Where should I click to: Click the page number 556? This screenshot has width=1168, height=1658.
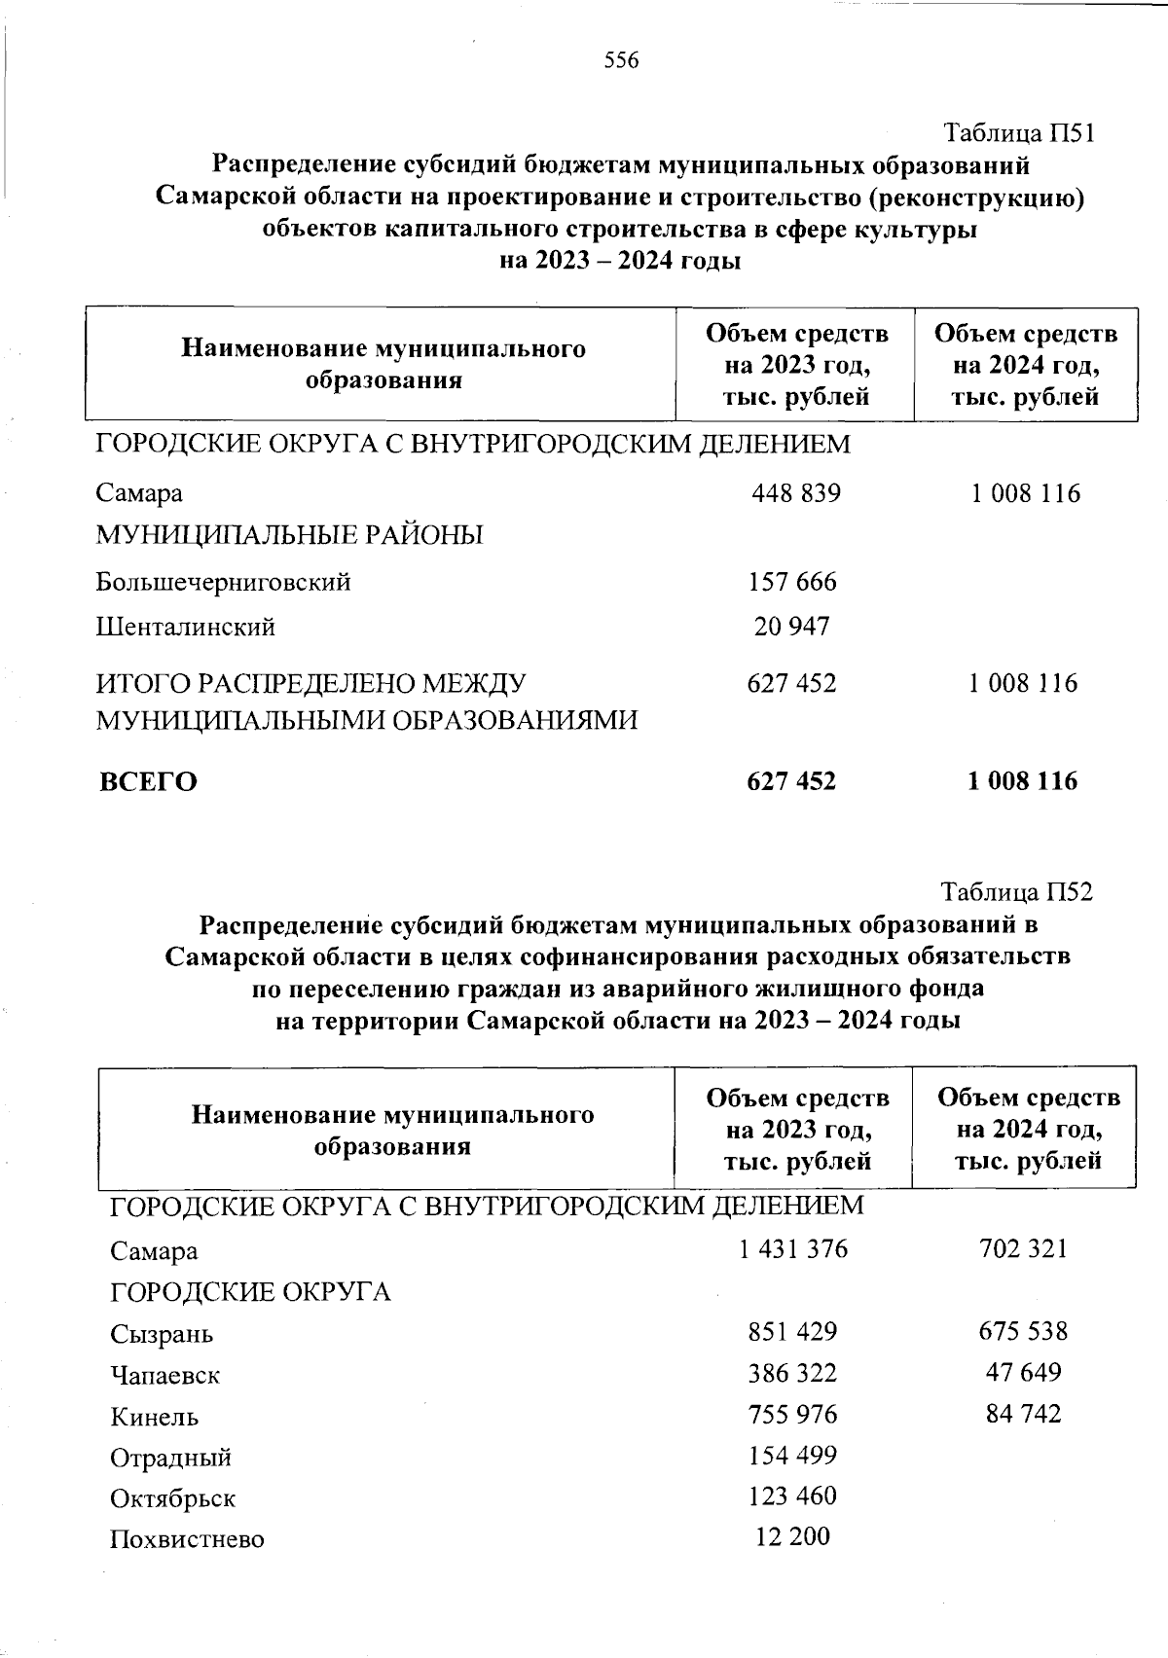(x=621, y=61)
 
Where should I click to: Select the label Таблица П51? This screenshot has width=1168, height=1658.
(x=1020, y=132)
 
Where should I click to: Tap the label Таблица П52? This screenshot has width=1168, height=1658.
(x=1017, y=891)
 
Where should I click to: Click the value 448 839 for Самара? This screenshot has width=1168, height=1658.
(x=795, y=493)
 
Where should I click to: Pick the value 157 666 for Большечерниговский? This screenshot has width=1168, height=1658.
(x=792, y=582)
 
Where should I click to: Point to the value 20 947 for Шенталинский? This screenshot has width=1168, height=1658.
(x=792, y=627)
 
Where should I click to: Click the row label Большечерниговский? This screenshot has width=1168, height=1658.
(x=223, y=583)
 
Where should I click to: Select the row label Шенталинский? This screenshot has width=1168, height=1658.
(x=185, y=628)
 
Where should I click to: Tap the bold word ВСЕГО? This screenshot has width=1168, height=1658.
(x=148, y=782)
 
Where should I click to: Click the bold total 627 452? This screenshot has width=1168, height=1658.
(x=791, y=781)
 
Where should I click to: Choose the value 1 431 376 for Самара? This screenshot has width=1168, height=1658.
(x=793, y=1248)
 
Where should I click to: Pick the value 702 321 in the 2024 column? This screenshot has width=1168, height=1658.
(x=1023, y=1248)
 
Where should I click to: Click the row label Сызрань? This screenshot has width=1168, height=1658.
(x=162, y=1334)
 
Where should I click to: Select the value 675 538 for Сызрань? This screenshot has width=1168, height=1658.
(x=1023, y=1331)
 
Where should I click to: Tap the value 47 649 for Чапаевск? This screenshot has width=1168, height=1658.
(x=1023, y=1373)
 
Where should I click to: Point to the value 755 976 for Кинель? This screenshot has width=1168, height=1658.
(x=792, y=1414)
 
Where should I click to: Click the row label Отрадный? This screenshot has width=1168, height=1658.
(x=170, y=1459)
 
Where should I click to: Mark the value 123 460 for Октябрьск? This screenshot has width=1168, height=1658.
(x=792, y=1496)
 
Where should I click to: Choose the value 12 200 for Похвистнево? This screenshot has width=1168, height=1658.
(x=792, y=1537)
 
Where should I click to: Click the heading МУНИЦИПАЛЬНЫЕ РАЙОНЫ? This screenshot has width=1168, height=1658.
(x=289, y=535)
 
